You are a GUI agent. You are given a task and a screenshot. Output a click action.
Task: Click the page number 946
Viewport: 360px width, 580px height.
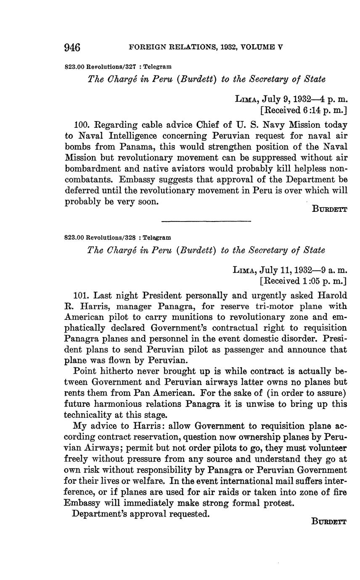pyautogui.click(x=72, y=47)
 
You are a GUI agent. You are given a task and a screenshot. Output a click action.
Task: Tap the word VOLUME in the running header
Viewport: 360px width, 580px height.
pyautogui.click(x=256, y=47)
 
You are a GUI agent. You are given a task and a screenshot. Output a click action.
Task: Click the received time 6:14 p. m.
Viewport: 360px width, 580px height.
pyautogui.click(x=320, y=111)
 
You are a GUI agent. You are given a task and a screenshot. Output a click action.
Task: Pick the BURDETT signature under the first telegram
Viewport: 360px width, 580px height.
pyautogui.click(x=330, y=209)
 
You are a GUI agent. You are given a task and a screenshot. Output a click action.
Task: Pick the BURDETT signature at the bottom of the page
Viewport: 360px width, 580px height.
pyautogui.click(x=330, y=522)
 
